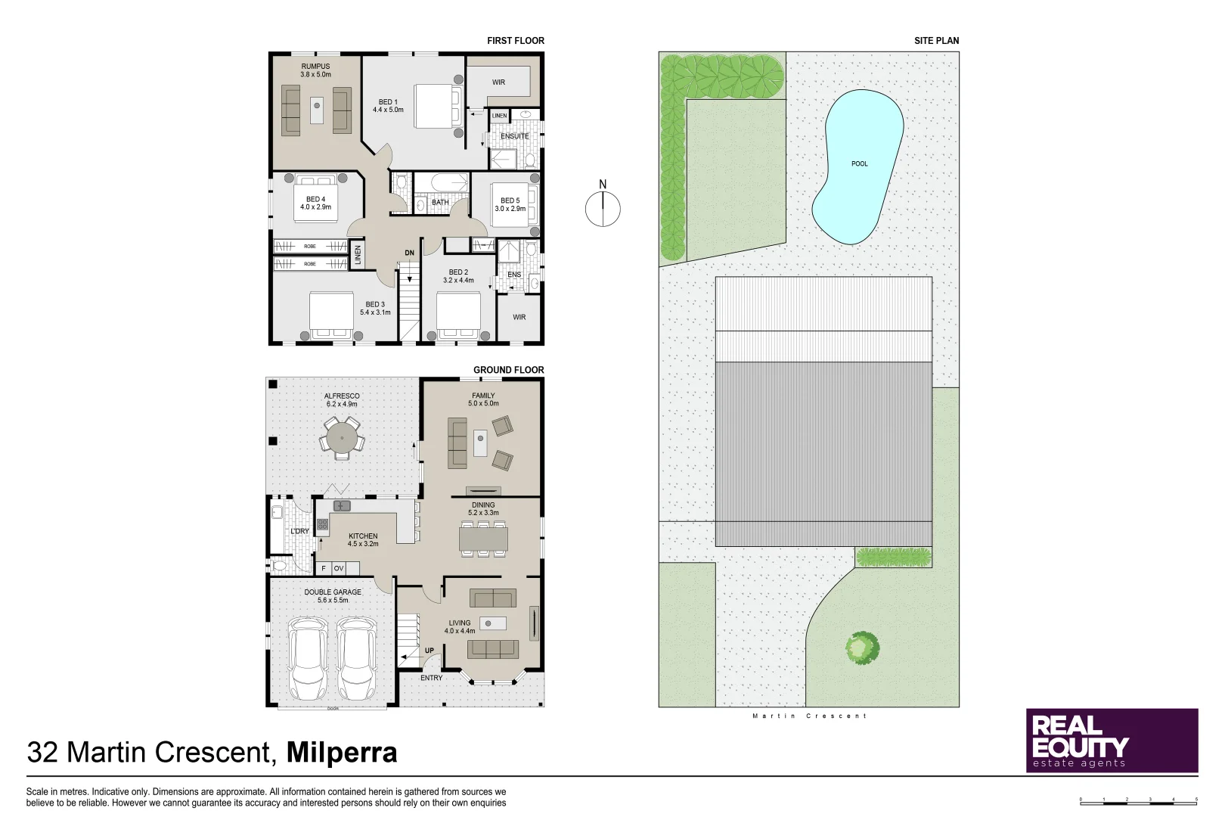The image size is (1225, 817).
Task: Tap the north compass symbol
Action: [x=603, y=208]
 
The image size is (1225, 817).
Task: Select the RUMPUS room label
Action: [x=315, y=70]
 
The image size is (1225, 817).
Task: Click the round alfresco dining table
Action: [x=343, y=438]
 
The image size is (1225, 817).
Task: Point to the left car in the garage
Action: [x=309, y=658]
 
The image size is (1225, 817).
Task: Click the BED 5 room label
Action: [x=510, y=204]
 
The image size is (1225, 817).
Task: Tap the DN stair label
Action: [x=409, y=253]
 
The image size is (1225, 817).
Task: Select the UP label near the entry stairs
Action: [x=429, y=651]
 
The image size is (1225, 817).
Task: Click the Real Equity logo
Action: [x=1112, y=740]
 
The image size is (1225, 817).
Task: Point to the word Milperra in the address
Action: [x=342, y=753]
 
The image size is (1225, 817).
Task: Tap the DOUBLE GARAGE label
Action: [x=333, y=596]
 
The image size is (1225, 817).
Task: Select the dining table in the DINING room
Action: [x=483, y=539]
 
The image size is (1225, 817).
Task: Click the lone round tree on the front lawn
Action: [x=862, y=648]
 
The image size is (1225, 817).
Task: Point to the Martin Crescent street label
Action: [x=809, y=716]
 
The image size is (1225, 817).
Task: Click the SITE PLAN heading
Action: [x=936, y=41]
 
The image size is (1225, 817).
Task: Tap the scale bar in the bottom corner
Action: [x=1138, y=801]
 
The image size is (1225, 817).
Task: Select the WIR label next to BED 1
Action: [x=498, y=82]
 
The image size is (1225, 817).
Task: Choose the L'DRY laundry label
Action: [x=299, y=531]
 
